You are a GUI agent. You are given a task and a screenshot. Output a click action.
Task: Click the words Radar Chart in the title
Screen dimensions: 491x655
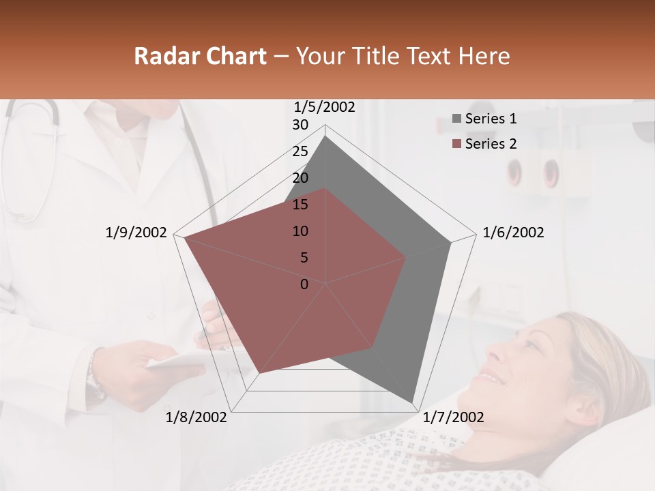tap(200, 56)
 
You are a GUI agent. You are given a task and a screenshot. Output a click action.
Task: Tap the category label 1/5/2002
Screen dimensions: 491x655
tap(324, 106)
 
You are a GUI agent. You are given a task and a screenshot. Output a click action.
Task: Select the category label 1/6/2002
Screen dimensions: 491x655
tap(513, 233)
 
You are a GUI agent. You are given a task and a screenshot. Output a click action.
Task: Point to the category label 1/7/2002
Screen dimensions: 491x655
tap(453, 417)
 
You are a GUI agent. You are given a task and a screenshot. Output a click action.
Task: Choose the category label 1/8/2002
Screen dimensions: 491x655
tap(196, 417)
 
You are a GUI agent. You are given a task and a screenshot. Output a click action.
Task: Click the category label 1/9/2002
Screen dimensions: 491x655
tap(136, 233)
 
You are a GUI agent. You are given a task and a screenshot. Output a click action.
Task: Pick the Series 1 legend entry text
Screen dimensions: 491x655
tap(491, 119)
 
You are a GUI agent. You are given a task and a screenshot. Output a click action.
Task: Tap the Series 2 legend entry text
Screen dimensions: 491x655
tap(491, 144)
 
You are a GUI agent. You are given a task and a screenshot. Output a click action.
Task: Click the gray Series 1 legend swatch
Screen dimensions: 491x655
tap(457, 119)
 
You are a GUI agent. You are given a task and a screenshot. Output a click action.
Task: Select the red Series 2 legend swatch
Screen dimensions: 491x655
tap(457, 144)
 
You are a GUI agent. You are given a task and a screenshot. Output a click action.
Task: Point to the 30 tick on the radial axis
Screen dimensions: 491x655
tap(300, 125)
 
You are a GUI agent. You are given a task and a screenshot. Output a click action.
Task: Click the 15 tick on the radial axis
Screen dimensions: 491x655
tap(300, 205)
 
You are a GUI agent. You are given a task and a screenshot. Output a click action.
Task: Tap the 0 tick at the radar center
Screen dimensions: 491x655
tap(304, 284)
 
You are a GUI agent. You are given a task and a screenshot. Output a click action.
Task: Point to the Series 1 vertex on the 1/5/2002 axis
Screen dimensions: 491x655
tap(325, 136)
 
